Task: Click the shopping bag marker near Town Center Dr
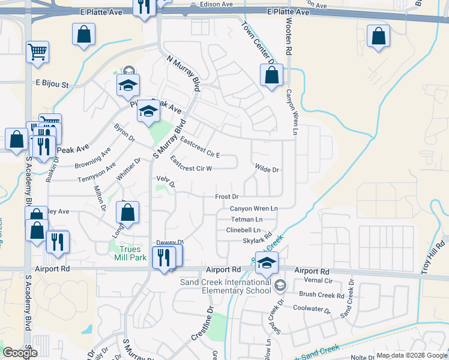[x=271, y=76]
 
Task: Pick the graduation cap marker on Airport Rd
[x=267, y=262]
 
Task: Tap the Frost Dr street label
[x=227, y=196]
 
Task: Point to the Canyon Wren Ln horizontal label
[x=254, y=209]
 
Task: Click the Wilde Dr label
[x=267, y=170]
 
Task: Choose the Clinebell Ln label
[x=244, y=230]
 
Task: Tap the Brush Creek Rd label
[x=322, y=295]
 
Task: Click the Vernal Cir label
[x=319, y=280]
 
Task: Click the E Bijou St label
[x=52, y=84]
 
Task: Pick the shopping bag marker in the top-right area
[x=378, y=36]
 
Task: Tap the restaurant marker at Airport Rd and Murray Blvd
[x=163, y=257]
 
